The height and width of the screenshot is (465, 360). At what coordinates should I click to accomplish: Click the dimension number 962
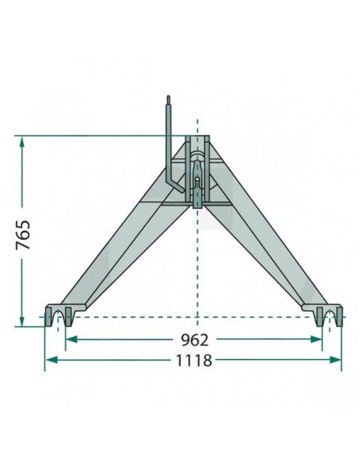195,339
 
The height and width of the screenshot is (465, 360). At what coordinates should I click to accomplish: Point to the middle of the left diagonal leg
119,247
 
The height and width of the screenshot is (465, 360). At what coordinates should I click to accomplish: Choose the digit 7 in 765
23,245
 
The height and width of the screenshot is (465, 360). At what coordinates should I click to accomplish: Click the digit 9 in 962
184,339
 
